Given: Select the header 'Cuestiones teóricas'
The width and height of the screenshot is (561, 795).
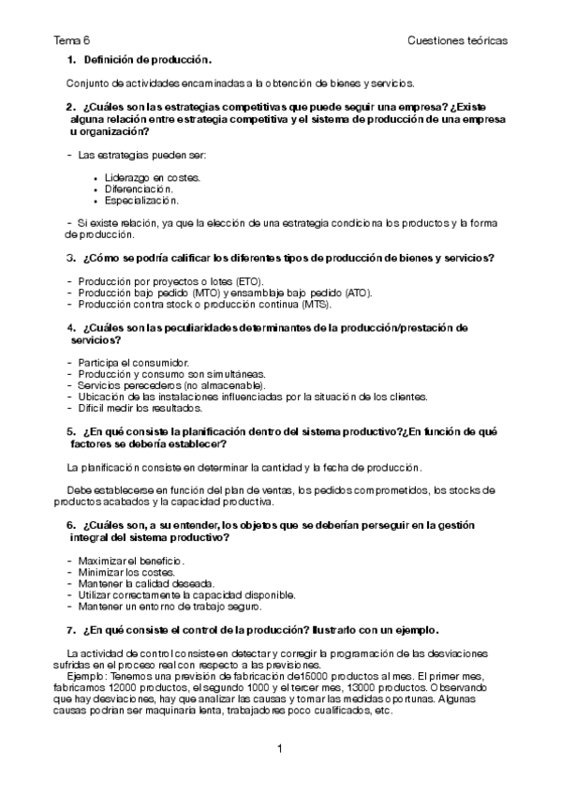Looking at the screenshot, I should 458,41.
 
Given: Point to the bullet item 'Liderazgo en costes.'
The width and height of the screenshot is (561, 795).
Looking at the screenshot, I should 153,176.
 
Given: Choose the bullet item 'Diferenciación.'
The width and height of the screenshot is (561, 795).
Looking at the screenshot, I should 140,187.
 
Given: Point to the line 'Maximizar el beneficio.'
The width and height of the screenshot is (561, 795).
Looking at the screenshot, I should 132,561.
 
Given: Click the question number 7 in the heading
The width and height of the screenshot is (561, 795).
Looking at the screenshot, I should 70,629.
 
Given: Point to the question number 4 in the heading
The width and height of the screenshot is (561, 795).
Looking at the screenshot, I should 70,327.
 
